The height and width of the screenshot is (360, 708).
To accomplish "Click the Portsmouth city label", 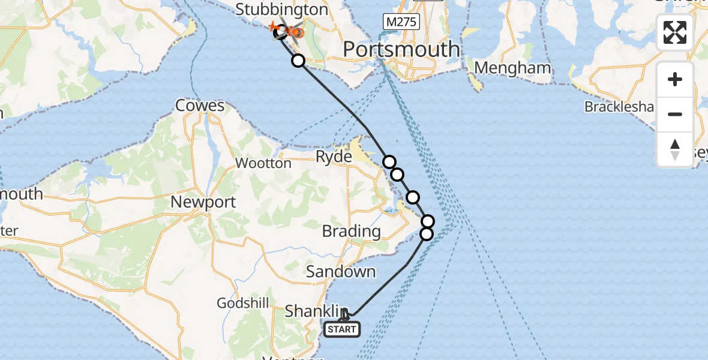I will click(x=401, y=49).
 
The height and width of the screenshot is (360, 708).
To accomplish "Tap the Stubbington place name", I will click(x=281, y=10).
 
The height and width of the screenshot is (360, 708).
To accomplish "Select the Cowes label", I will click(x=200, y=106).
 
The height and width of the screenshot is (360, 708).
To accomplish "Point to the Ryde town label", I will click(x=334, y=157).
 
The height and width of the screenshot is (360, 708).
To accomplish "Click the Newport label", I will click(x=203, y=202).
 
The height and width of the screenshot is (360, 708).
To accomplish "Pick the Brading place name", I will click(x=351, y=231).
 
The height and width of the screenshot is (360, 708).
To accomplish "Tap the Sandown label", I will click(x=340, y=272).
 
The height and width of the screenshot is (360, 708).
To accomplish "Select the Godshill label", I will click(x=242, y=304).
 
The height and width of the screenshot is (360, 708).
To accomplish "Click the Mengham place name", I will click(x=512, y=68).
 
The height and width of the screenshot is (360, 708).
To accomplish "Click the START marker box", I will click(x=342, y=329).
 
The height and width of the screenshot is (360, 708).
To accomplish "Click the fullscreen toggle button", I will click(x=675, y=32).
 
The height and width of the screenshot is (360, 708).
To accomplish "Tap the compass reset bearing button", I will click(x=675, y=149).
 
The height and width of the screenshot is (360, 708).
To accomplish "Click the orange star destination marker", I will click(x=273, y=28).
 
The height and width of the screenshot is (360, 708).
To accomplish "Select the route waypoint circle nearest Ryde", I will click(x=389, y=161).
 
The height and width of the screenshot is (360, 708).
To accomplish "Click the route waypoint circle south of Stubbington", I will click(x=298, y=60).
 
